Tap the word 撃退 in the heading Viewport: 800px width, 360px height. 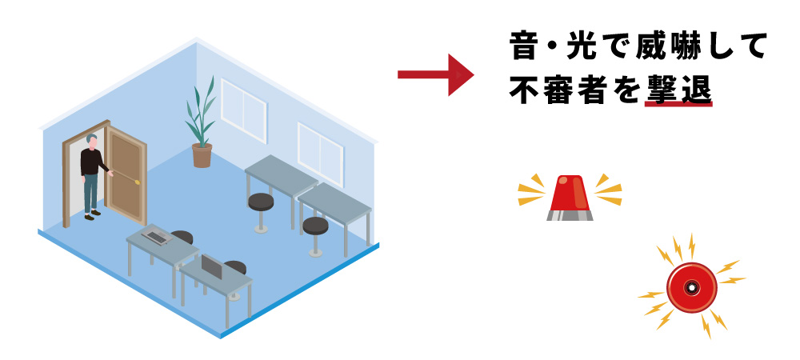678,90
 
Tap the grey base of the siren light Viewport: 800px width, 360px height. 570,214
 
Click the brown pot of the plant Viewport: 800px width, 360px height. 202,155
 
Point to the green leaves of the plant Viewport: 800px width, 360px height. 201,112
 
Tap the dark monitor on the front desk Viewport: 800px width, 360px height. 211,266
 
